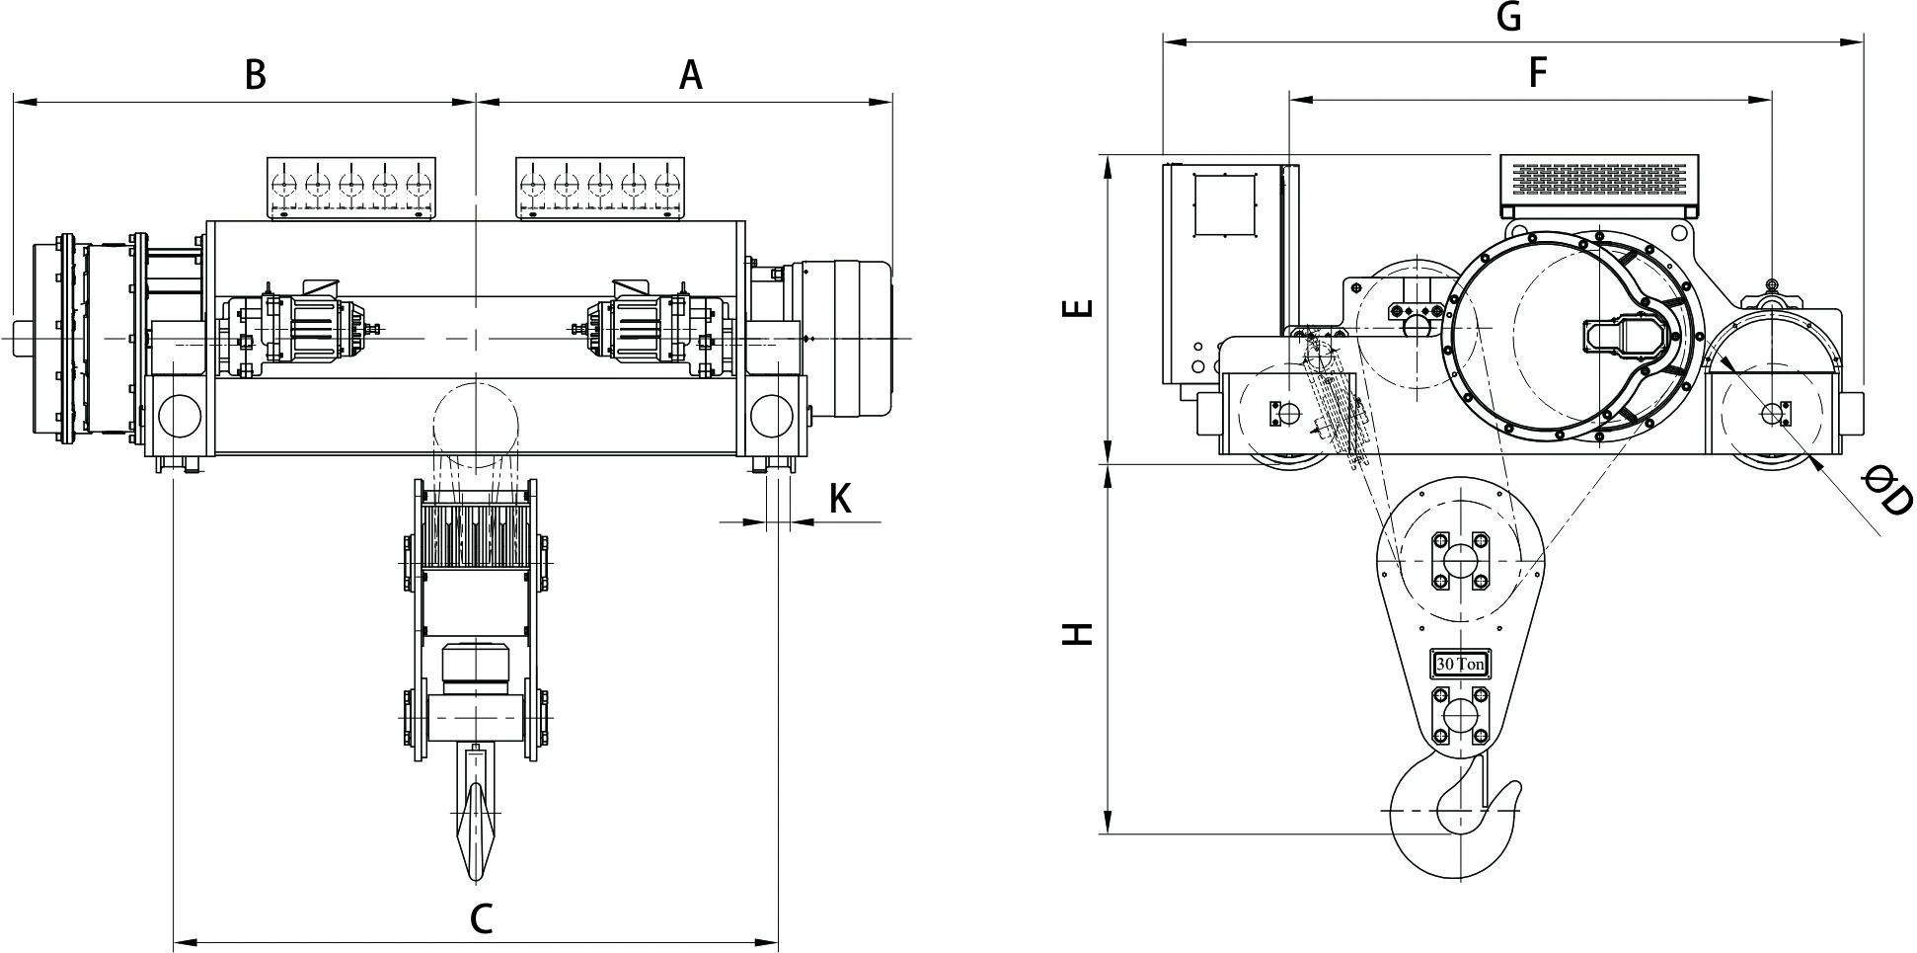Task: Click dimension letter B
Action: coord(255,74)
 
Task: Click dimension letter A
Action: coord(691,74)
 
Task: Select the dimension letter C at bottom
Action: coord(481,918)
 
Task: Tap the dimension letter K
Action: coord(840,500)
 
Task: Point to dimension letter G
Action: coord(1509,17)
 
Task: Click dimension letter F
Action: coord(1537,72)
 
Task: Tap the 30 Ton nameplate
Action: coord(1460,665)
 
